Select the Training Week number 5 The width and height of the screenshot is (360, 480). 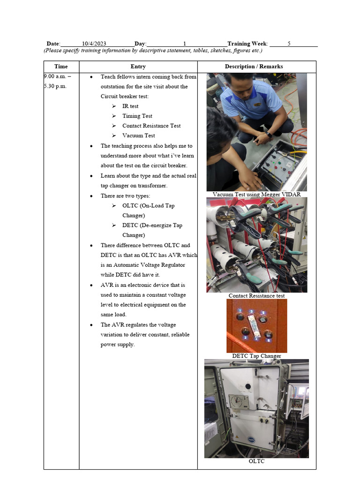289,43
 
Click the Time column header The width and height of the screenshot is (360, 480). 61,67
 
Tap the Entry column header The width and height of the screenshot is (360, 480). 138,67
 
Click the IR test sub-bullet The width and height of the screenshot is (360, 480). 130,106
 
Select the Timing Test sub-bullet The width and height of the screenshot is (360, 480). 137,116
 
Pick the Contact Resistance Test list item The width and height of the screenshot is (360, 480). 151,126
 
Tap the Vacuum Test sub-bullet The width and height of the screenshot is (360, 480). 138,136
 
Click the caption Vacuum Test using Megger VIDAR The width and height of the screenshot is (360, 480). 256,194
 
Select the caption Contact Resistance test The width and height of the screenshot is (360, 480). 256,296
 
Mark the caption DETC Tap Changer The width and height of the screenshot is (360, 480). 256,356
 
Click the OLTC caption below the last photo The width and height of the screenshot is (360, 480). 256,461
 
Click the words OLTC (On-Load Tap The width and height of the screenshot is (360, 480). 148,206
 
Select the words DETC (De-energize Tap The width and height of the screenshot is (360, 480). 152,225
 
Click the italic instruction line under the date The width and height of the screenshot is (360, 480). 153,51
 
